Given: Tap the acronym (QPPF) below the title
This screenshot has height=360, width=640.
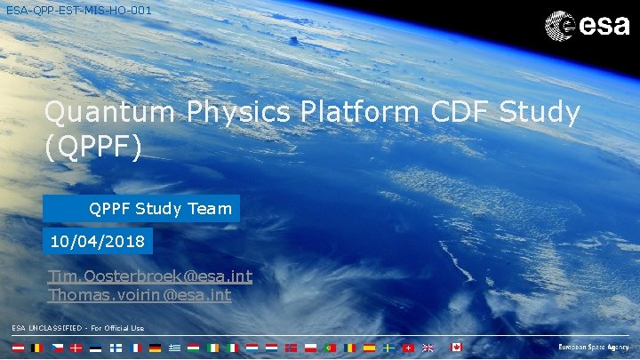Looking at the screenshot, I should [92, 147].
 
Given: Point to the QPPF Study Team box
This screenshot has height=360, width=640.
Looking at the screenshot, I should [141, 209].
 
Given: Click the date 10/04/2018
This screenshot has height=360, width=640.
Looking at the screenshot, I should [98, 241].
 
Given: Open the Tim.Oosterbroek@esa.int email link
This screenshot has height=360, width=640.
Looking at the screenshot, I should [149, 276].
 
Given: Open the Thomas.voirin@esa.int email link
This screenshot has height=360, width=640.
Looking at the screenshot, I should [139, 294].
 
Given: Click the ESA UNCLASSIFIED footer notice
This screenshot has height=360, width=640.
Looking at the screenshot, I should [78, 328].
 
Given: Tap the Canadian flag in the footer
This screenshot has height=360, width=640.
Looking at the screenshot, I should [456, 348].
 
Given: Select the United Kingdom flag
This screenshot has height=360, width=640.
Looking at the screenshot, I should [428, 348].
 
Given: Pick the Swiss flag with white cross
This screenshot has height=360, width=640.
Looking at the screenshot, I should [408, 348].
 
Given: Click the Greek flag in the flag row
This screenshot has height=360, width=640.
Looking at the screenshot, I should [174, 348].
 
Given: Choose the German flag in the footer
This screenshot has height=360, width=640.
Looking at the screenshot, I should [155, 348].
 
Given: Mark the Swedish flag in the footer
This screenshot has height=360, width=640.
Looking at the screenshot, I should [388, 348].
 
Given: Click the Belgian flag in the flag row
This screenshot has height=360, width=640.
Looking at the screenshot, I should [36, 348].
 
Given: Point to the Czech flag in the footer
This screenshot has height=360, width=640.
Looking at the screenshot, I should [56, 348].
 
